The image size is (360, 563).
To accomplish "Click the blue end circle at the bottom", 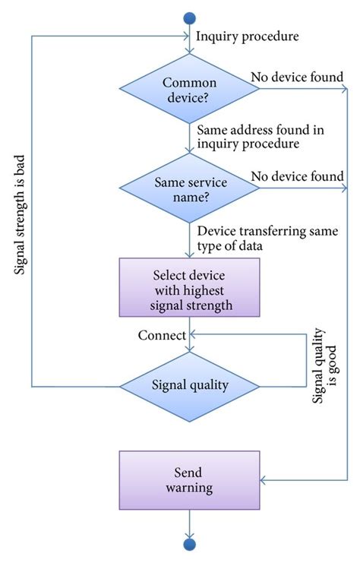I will [190, 544].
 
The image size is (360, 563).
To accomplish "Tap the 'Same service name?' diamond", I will [190, 189].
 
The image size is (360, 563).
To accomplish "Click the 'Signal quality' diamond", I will [190, 384].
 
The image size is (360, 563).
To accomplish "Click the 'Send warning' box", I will [190, 478].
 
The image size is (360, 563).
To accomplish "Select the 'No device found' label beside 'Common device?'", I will [298, 76].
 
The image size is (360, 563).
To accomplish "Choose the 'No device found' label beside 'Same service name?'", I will [298, 176].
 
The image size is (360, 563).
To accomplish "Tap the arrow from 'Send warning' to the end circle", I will [190, 523].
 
